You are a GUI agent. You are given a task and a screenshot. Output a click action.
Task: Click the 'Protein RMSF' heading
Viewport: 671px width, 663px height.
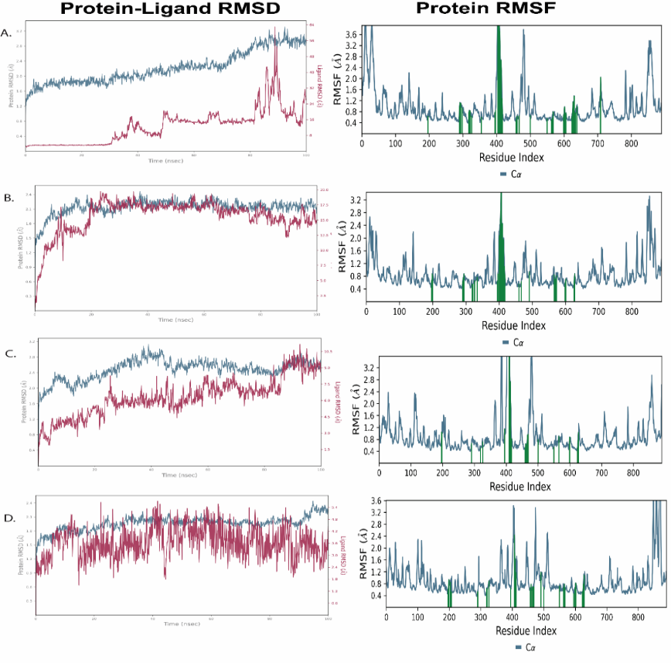[x=479, y=10]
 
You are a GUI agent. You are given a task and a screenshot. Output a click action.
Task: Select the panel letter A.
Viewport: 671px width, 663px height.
[x=7, y=32]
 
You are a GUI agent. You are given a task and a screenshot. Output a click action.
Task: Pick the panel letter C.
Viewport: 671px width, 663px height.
[x=9, y=353]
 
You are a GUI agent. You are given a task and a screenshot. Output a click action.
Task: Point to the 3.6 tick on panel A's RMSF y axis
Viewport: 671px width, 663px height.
[x=350, y=36]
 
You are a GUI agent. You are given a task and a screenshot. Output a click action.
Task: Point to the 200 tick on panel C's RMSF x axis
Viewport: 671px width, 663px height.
[x=442, y=472]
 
